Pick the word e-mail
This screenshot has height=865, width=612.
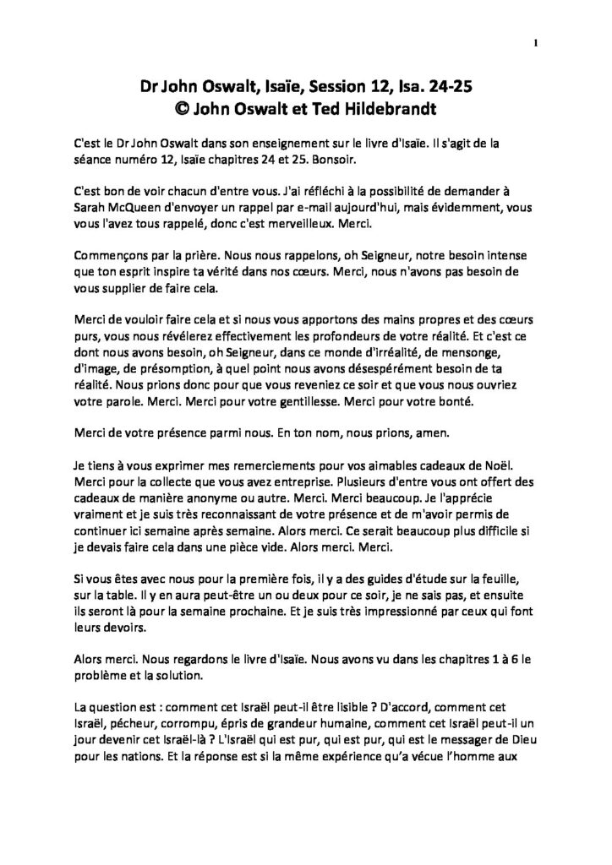(x=307, y=205)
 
